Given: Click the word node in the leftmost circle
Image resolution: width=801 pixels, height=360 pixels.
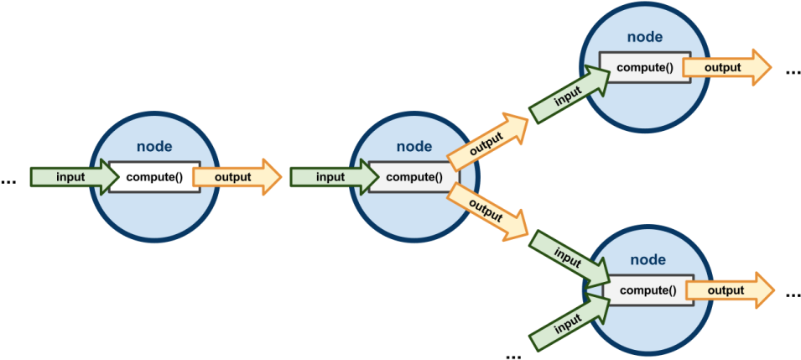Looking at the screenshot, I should [153, 147].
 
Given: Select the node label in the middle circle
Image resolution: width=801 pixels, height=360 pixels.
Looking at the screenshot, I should [414, 147].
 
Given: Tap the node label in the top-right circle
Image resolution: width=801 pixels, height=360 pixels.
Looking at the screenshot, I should [645, 37].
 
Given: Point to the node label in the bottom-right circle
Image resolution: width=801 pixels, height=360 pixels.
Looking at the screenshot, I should [648, 260].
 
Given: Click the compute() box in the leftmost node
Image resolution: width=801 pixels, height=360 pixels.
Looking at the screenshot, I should [154, 177].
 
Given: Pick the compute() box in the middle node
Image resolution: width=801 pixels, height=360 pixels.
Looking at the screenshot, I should [414, 177].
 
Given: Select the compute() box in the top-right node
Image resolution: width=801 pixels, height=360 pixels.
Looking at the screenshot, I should [645, 67].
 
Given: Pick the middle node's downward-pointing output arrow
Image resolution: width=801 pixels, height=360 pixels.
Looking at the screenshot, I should [486, 210].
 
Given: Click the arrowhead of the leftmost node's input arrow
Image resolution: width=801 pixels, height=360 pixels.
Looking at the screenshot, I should [114, 177].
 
